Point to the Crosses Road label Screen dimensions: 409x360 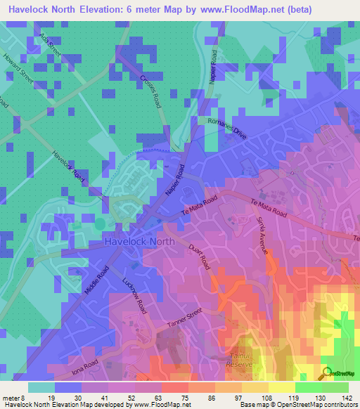(x=151, y=90)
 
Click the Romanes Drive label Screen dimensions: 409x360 (x=228, y=126)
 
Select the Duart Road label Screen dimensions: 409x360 (x=200, y=257)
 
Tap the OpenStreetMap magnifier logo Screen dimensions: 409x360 (x=326, y=373)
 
